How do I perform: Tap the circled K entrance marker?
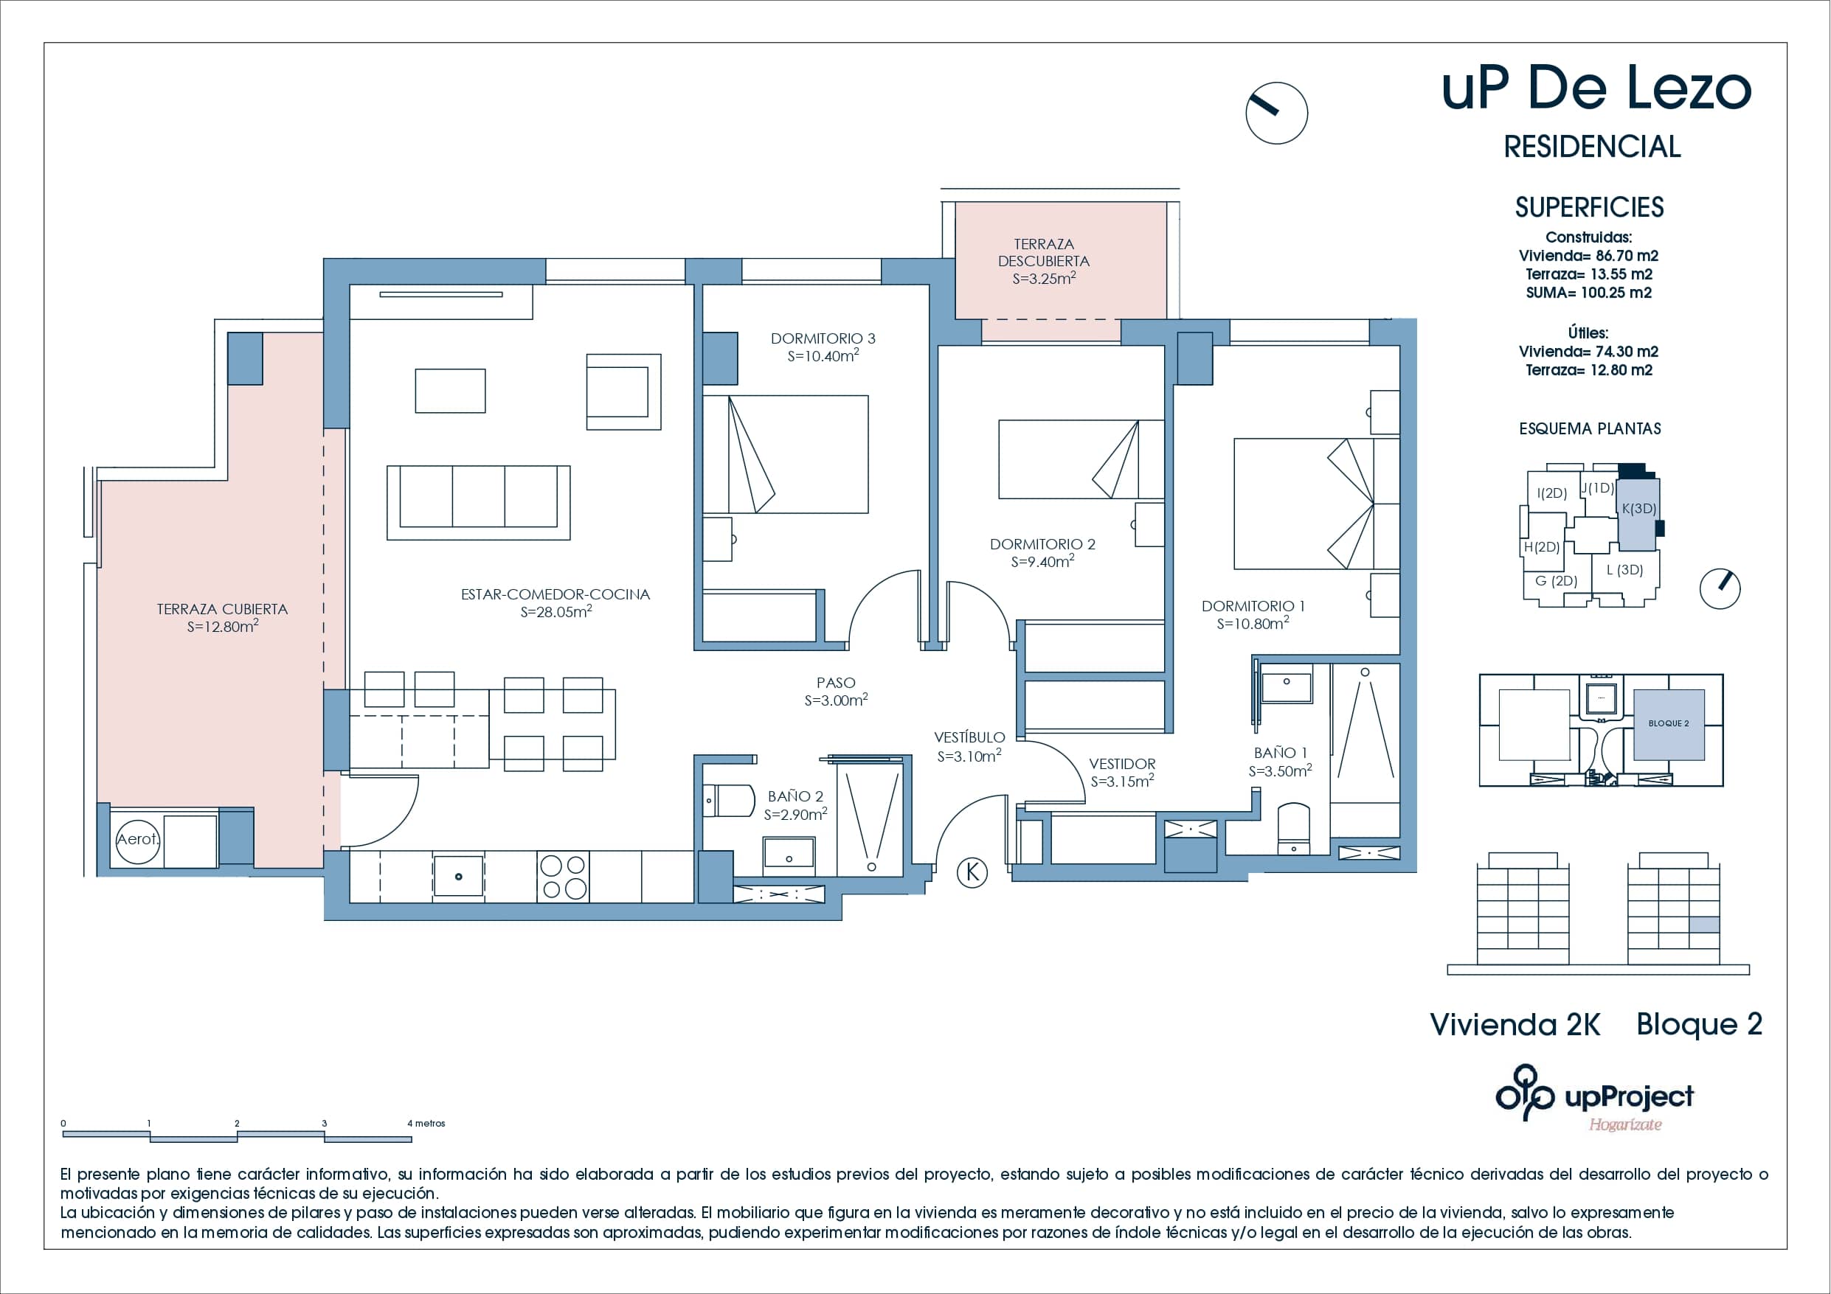(x=972, y=872)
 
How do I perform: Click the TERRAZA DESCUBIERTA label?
(x=1043, y=253)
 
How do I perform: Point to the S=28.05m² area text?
(x=555, y=612)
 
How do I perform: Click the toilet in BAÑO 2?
(x=730, y=801)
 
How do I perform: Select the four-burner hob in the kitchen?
(x=563, y=877)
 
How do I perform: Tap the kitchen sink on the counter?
(x=459, y=876)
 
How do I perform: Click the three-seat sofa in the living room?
(x=478, y=502)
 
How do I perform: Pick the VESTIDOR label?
(x=1122, y=764)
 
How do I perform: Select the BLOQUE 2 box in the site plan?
(x=1668, y=724)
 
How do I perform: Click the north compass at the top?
(x=1276, y=114)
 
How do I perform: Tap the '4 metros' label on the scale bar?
(x=426, y=1124)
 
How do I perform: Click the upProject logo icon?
(x=1524, y=1093)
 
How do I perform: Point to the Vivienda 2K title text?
(x=1515, y=1026)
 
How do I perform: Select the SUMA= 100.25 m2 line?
(x=1588, y=293)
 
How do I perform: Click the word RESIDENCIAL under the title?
(x=1592, y=147)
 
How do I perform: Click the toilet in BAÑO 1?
(x=1293, y=829)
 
